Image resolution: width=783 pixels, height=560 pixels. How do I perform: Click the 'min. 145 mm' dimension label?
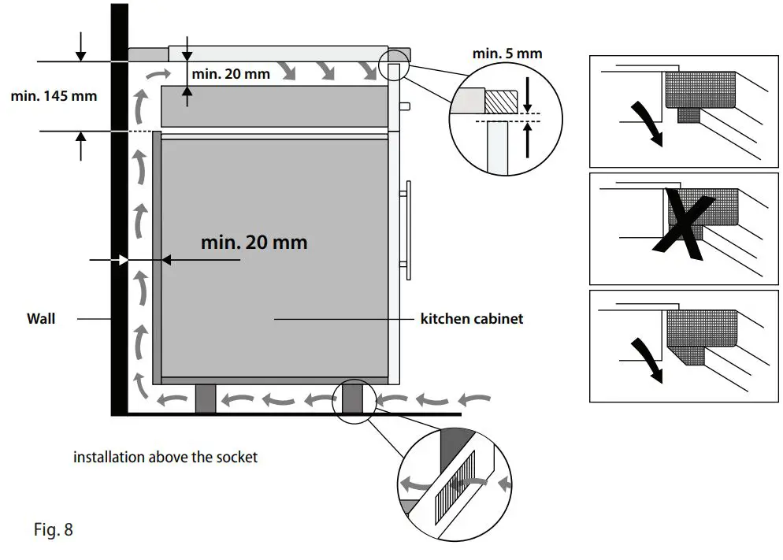point(54,96)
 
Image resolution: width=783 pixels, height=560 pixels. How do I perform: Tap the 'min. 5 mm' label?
point(507,54)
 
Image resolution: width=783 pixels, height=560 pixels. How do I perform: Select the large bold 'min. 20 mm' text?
point(254,242)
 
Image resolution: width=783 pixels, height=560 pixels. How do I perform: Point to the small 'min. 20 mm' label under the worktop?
point(231,74)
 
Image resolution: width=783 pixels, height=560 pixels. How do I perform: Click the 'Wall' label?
point(41,319)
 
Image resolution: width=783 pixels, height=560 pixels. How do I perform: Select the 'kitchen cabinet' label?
point(471,319)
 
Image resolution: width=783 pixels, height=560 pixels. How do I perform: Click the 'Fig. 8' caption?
point(54,529)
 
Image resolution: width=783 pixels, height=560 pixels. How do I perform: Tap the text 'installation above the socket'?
point(165,457)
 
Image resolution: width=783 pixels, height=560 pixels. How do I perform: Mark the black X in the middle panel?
point(683,224)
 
